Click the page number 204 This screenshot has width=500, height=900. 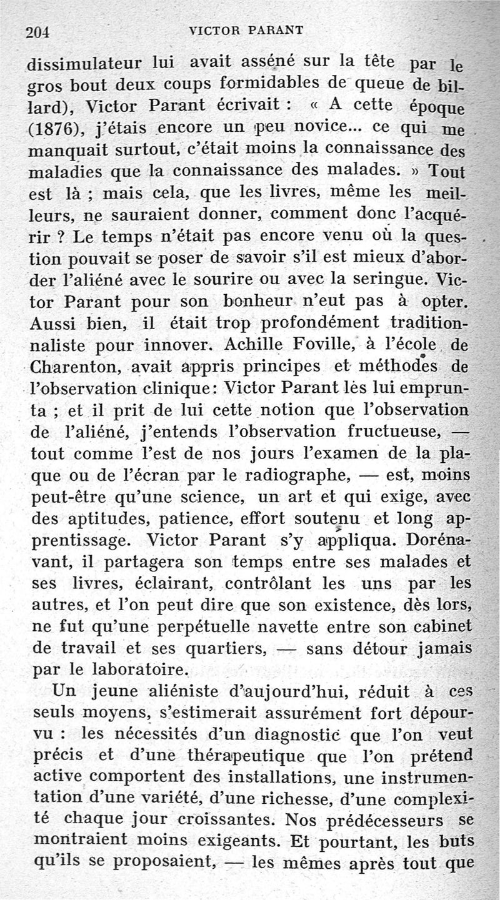tap(37, 32)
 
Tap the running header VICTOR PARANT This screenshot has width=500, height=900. tap(249, 31)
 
